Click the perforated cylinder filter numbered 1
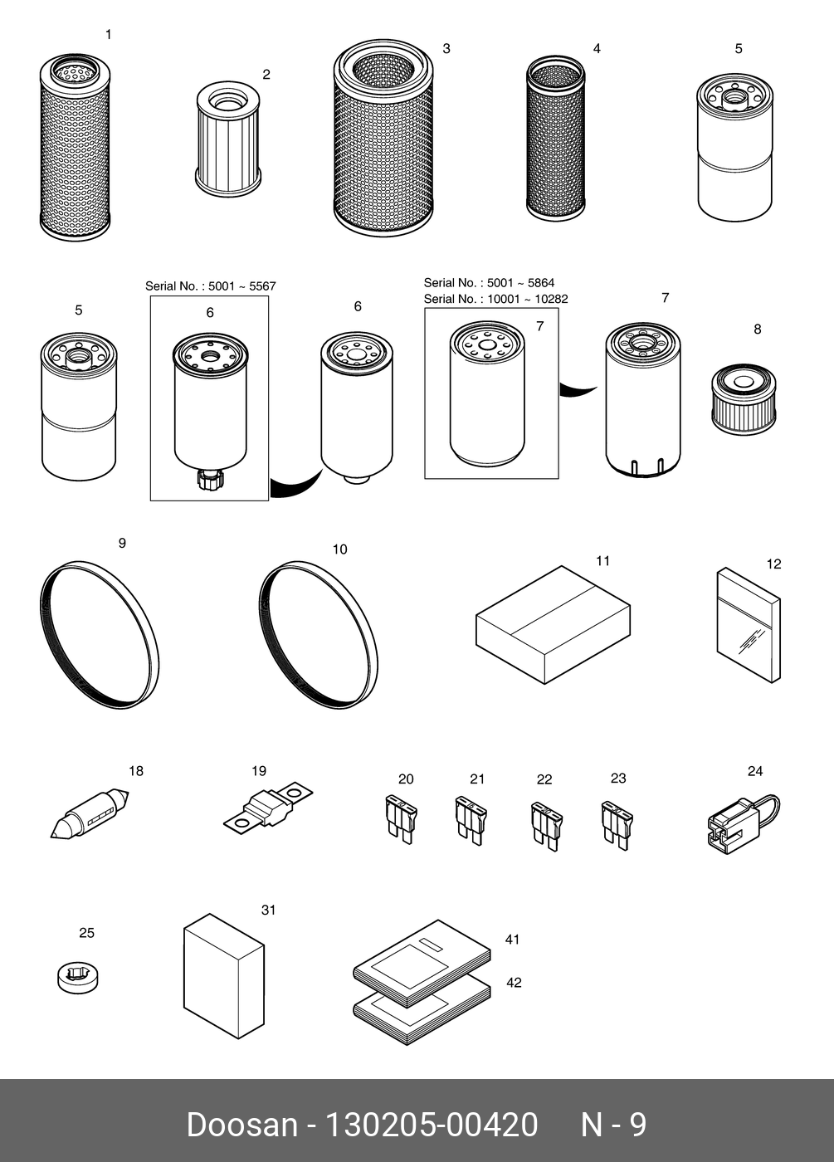point(76,148)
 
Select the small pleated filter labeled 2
point(228,139)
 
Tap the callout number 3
point(446,49)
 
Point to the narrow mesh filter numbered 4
point(555,138)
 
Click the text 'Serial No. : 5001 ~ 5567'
point(211,286)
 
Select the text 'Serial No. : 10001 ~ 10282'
point(496,299)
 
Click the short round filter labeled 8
point(744,399)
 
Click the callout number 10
point(339,549)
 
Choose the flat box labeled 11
point(554,624)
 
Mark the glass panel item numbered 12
point(749,625)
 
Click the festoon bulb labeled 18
point(90,813)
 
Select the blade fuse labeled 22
point(547,826)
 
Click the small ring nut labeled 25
point(78,978)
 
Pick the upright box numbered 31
point(224,976)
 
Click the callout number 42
point(514,983)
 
